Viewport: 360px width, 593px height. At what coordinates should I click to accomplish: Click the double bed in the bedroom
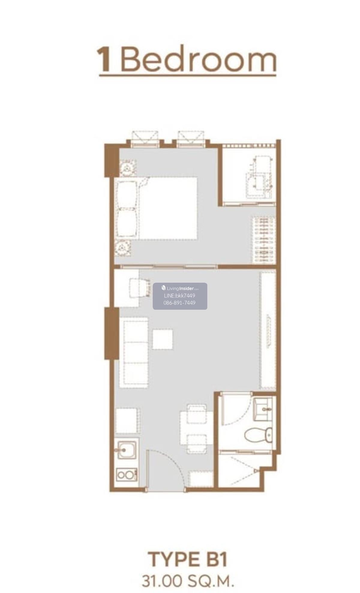click(x=157, y=208)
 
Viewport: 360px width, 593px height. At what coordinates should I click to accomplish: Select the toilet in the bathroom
click(x=258, y=435)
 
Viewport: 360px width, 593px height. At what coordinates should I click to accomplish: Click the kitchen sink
click(x=127, y=450)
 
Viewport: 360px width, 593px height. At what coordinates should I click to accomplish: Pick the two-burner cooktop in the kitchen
click(x=127, y=475)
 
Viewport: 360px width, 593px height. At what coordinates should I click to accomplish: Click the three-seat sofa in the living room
click(x=134, y=354)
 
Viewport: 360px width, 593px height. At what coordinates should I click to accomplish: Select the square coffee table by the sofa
click(x=163, y=339)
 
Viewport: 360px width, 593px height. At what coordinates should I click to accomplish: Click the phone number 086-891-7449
click(x=179, y=303)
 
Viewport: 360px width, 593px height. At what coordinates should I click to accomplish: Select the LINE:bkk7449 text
click(x=179, y=296)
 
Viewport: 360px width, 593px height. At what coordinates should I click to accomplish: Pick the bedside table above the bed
click(x=128, y=168)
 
